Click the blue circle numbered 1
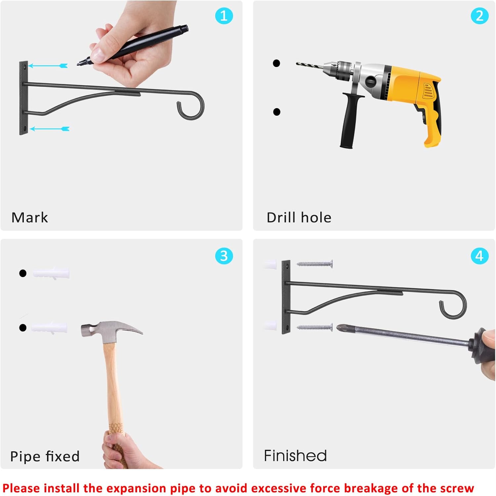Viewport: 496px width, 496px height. coord(224,16)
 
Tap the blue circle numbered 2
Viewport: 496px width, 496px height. coord(479,16)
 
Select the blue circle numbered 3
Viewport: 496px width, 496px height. coord(224,256)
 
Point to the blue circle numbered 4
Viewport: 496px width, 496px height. coord(479,256)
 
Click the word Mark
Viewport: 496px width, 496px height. coord(30,218)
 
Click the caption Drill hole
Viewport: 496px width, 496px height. coord(299,218)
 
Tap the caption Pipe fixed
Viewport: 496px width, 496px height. coord(45,456)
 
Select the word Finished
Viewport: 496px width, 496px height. coord(295,456)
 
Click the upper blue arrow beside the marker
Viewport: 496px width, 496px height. coord(48,66)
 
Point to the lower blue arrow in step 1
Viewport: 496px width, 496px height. coord(50,129)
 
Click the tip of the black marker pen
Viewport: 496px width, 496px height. coord(78,64)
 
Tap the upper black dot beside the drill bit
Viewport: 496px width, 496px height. coord(276,63)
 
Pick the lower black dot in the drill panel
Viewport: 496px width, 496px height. coord(277,112)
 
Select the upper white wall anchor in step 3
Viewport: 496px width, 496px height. coord(51,273)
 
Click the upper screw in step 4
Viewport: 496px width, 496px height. coord(314,264)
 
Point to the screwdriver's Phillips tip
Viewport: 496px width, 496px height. coord(339,328)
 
